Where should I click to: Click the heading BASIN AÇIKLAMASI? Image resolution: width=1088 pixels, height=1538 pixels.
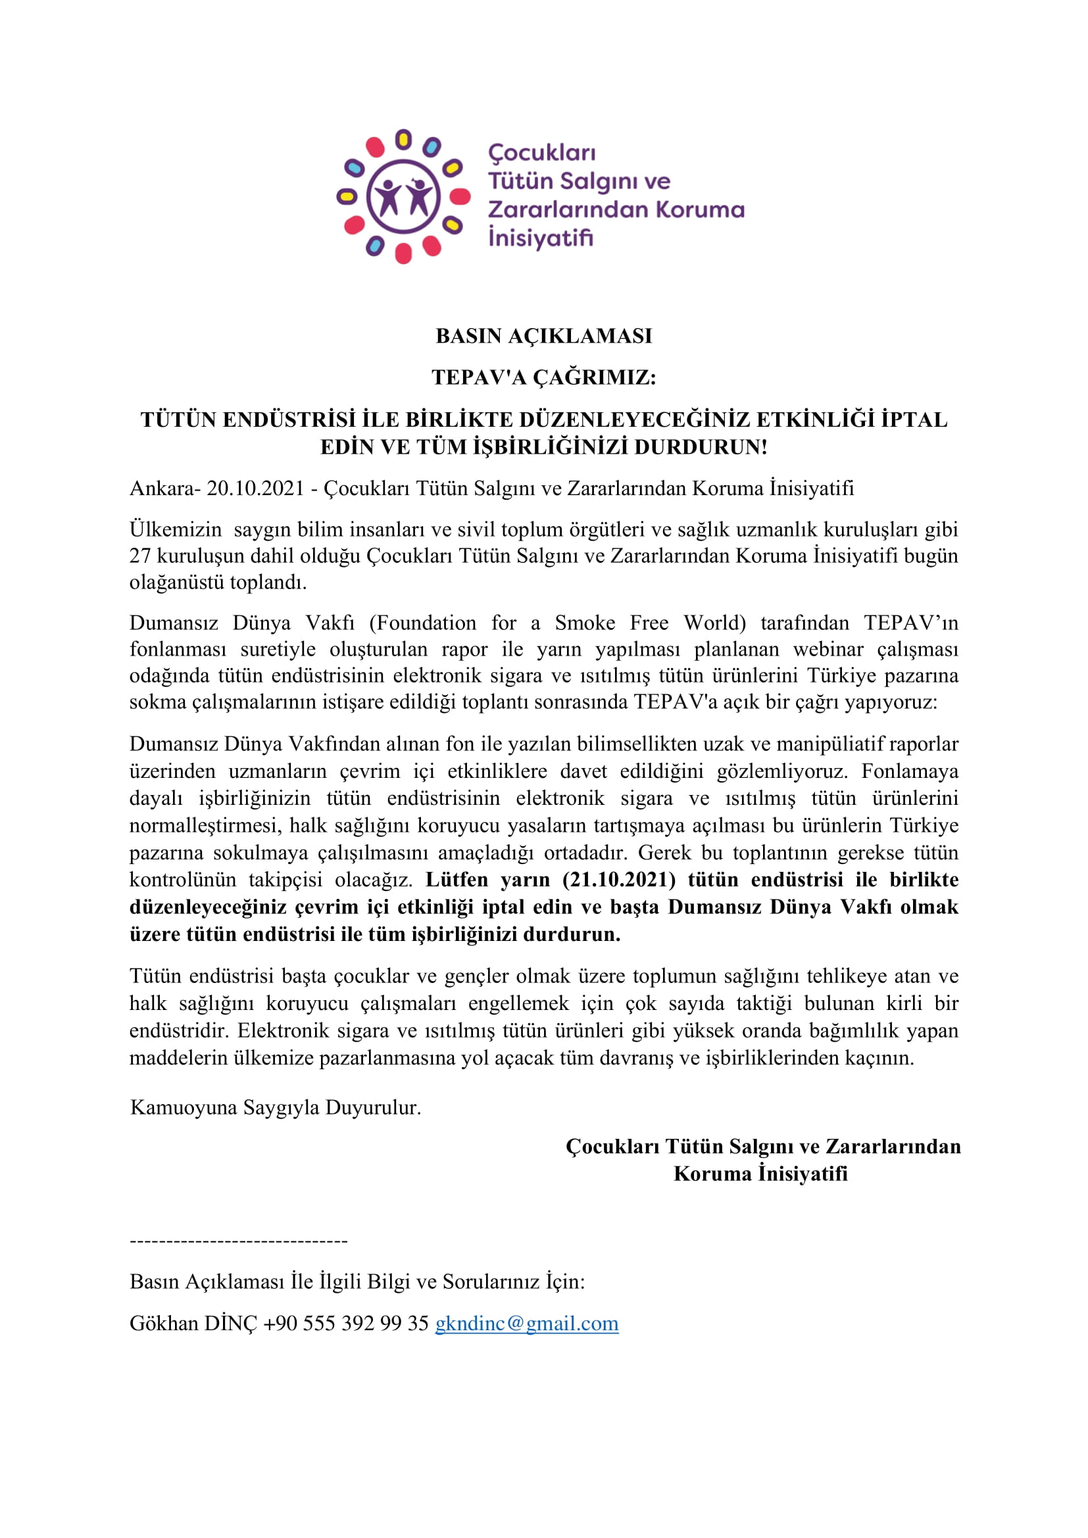tap(543, 335)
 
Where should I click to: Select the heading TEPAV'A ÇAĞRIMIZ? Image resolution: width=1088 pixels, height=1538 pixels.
tap(543, 377)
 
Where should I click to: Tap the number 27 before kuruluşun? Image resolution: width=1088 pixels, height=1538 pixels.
tap(140, 556)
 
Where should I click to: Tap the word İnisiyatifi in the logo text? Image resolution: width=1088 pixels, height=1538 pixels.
tap(541, 238)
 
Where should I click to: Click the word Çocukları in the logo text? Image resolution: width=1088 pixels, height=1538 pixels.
tap(542, 153)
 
